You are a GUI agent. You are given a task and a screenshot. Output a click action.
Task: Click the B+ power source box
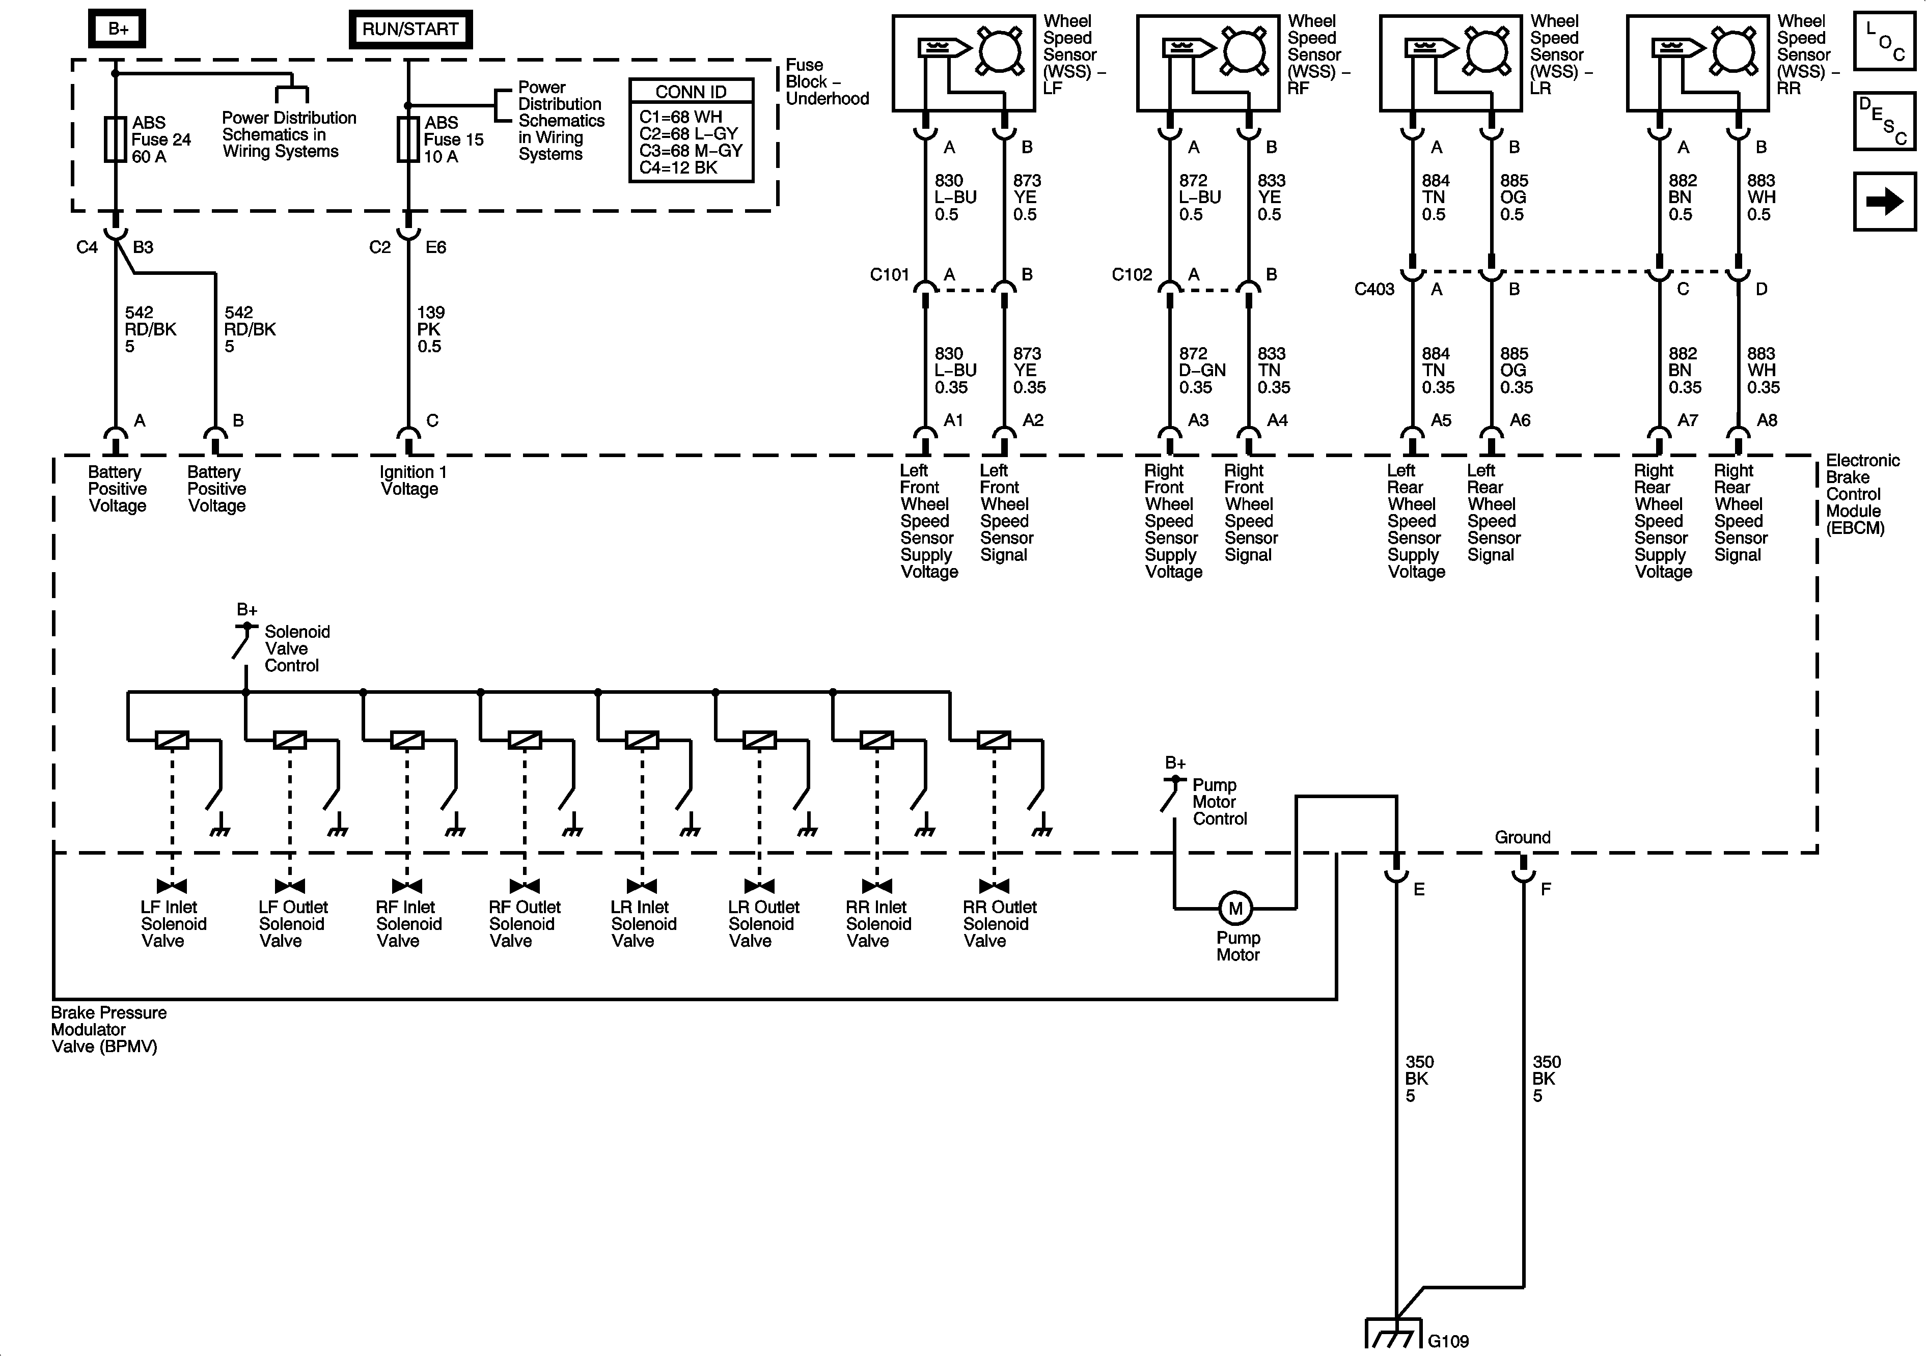118,29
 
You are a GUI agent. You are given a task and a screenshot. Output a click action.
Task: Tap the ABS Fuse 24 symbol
116,139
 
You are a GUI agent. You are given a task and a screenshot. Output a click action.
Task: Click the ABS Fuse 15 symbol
408,139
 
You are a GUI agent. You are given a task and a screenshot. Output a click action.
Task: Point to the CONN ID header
691,92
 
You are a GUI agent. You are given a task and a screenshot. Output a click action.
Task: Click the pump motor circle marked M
1235,908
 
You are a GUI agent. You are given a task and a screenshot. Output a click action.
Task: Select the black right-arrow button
1884,201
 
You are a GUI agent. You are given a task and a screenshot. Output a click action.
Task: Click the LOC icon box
1884,40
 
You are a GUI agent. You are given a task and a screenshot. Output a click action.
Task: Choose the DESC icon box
1884,121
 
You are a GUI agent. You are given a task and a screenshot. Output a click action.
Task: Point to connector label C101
889,274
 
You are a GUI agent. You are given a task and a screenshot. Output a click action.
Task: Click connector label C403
1374,289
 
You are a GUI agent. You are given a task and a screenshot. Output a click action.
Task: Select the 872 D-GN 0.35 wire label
1202,371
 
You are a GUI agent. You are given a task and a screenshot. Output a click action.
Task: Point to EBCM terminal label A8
1767,420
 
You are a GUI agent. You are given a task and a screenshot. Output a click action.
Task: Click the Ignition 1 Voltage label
412,481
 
